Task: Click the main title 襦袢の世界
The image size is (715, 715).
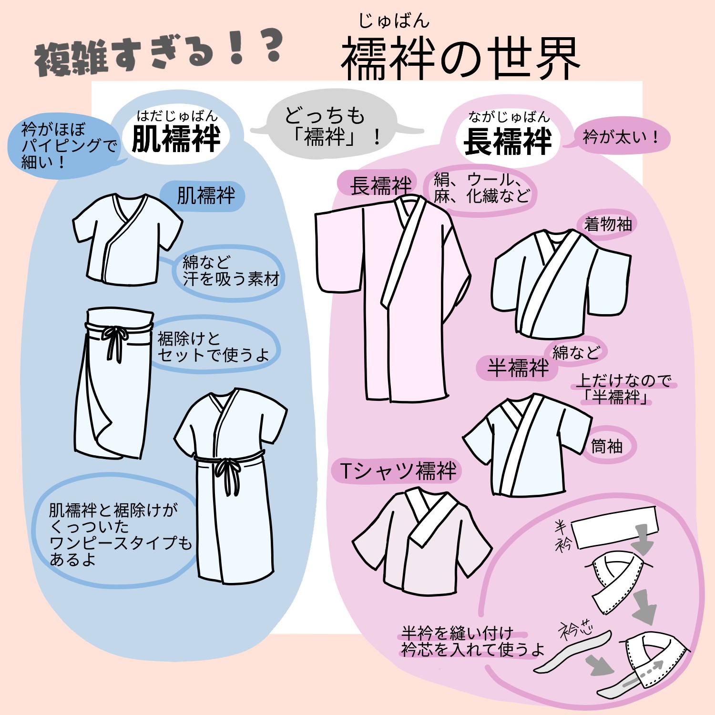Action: [460, 60]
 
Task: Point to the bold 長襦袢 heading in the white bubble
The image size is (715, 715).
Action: [508, 142]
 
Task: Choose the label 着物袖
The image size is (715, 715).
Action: [608, 224]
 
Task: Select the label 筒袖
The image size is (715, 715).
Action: [607, 446]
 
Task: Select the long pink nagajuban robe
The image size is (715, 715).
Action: [391, 296]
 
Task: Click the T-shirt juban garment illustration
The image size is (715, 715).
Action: [422, 541]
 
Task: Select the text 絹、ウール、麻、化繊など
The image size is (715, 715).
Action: [481, 188]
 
